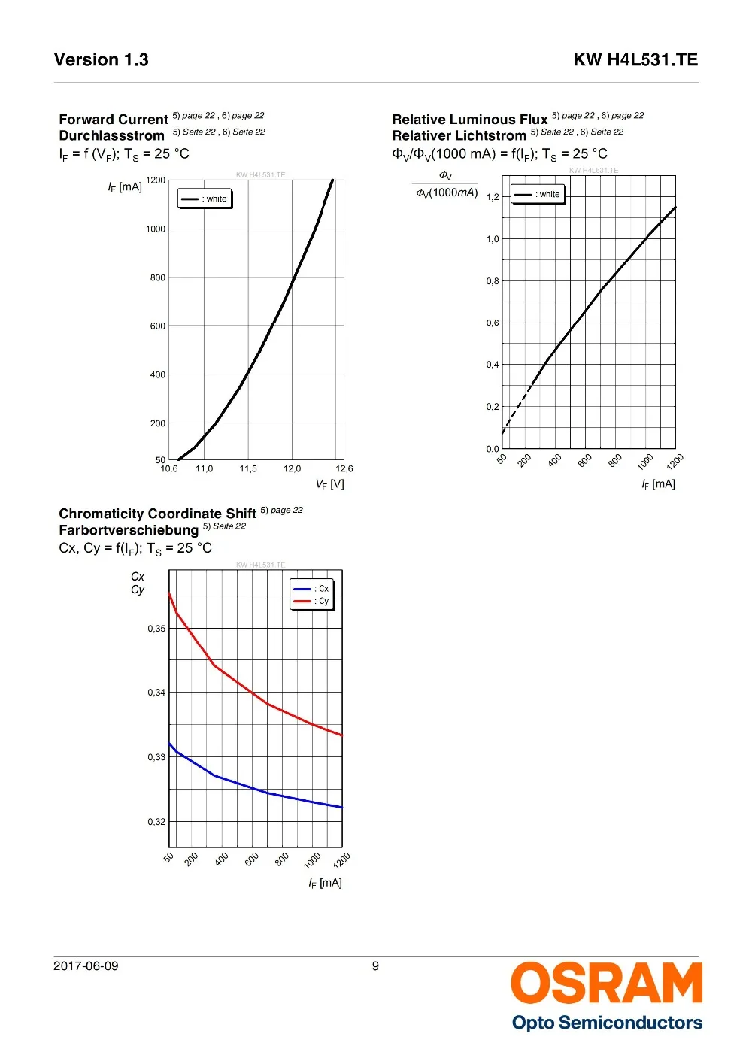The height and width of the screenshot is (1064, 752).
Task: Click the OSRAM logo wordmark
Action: coord(606,983)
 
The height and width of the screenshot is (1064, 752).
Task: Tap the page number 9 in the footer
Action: coord(375,966)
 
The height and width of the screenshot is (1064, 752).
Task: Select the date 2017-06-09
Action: coord(86,966)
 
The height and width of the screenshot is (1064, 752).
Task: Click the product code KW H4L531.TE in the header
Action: coord(635,60)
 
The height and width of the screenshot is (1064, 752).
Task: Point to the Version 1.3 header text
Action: coord(102,60)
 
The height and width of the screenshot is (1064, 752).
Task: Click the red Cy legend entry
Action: coord(312,601)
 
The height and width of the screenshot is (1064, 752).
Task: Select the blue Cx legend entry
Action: coord(312,589)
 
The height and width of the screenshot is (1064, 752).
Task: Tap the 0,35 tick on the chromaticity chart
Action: coord(156,629)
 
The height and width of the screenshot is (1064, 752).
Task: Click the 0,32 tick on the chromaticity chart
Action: coord(156,822)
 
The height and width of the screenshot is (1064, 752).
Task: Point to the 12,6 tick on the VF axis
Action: coord(344,469)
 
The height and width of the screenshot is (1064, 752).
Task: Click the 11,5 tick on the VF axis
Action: coord(248,469)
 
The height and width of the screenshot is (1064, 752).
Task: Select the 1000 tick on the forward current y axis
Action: coord(156,229)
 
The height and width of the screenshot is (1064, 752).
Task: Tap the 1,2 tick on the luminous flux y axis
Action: coord(493,197)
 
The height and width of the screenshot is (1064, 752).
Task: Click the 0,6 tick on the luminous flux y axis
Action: coord(493,323)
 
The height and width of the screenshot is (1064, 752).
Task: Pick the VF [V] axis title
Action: coord(329,484)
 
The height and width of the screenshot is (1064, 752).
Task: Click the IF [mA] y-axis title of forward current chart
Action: coord(125,187)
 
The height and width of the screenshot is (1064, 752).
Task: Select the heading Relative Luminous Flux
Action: coord(470,120)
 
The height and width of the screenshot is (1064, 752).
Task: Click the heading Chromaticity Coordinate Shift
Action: coord(158,514)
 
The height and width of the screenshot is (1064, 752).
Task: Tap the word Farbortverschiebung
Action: coord(129,530)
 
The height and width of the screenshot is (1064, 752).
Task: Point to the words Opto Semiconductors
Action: coord(607,1023)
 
